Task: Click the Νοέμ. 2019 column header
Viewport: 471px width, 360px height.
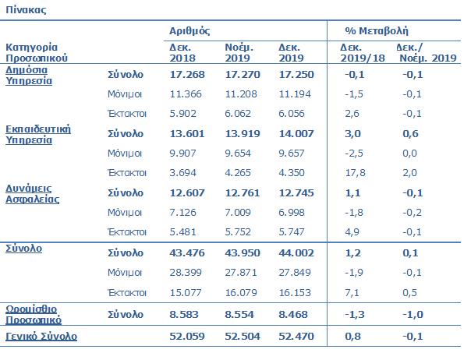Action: pyautogui.click(x=239, y=52)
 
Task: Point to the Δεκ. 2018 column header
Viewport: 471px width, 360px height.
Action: pyautogui.click(x=182, y=52)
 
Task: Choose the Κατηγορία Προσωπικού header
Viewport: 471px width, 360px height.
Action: pyautogui.click(x=37, y=52)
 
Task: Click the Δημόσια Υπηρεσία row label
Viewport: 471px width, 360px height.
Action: pyautogui.click(x=30, y=74)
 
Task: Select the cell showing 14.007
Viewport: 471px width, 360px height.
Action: pyautogui.click(x=296, y=135)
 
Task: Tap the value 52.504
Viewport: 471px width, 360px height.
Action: pyautogui.click(x=242, y=337)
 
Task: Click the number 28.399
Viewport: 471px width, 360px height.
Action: pyautogui.click(x=186, y=270)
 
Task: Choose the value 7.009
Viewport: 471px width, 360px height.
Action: pyautogui.click(x=239, y=212)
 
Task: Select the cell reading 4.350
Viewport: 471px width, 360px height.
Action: pyautogui.click(x=294, y=171)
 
